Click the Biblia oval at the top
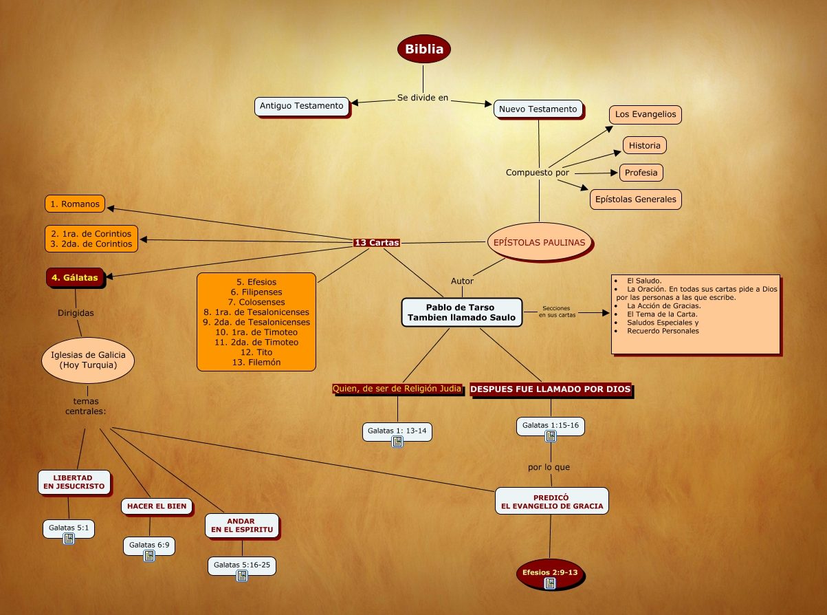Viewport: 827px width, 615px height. pyautogui.click(x=424, y=49)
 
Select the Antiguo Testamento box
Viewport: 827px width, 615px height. pyautogui.click(x=301, y=106)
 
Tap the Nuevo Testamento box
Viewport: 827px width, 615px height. pyautogui.click(x=538, y=109)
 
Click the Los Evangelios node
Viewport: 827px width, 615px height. pyautogui.click(x=645, y=114)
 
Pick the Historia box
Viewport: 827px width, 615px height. pyautogui.click(x=644, y=145)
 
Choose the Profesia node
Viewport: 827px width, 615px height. pyautogui.click(x=641, y=172)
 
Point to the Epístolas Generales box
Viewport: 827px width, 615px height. pyautogui.click(x=635, y=199)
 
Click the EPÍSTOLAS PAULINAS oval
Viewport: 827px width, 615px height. pyautogui.click(x=539, y=242)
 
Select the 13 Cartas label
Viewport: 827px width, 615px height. pyautogui.click(x=376, y=242)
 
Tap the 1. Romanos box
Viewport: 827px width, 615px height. pyautogui.click(x=75, y=204)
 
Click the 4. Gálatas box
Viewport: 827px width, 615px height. pyautogui.click(x=75, y=278)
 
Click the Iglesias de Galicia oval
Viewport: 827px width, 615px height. pyautogui.click(x=88, y=360)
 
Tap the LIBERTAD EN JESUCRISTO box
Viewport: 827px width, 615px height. pyautogui.click(x=74, y=482)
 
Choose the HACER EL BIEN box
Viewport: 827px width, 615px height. pyautogui.click(x=157, y=506)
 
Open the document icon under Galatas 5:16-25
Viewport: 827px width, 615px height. pyautogui.click(x=242, y=576)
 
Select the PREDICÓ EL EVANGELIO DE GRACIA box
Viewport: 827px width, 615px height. pyautogui.click(x=551, y=501)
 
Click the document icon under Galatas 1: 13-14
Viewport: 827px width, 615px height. pyautogui.click(x=397, y=442)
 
